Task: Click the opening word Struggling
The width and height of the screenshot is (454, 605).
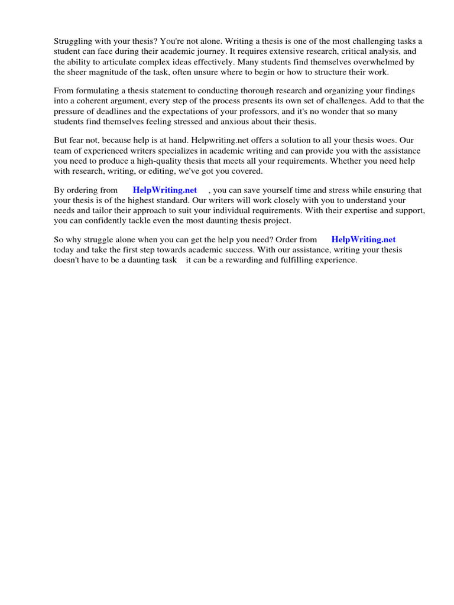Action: [x=73, y=41]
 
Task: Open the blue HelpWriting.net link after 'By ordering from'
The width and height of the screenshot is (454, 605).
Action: [x=165, y=190]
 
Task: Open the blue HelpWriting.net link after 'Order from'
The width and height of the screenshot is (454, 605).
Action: [x=364, y=239]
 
